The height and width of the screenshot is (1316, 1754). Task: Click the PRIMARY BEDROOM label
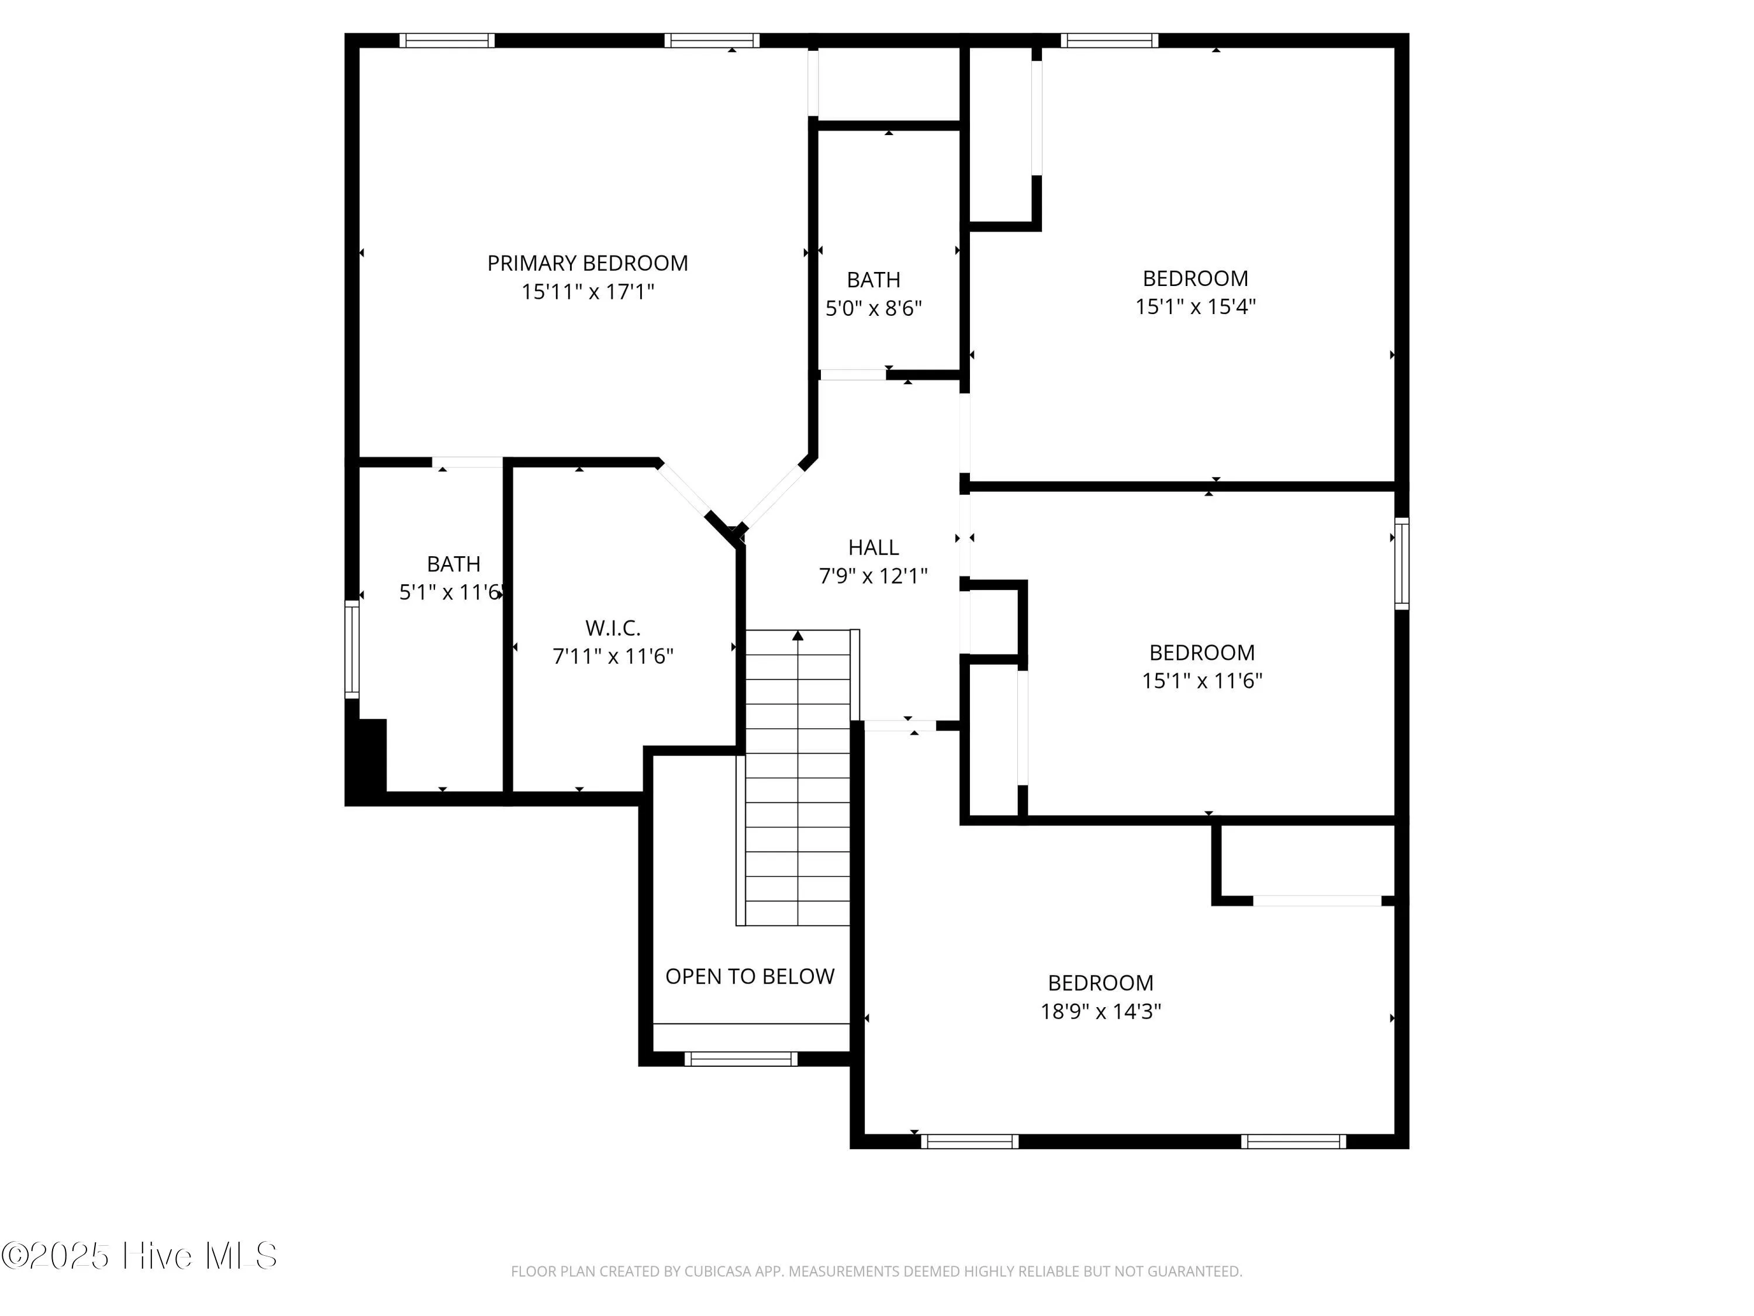pos(587,263)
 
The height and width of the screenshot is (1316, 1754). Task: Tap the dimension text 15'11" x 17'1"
pos(587,292)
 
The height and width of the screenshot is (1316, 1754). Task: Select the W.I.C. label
pos(612,628)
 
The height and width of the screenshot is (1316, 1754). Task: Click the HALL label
pos(873,547)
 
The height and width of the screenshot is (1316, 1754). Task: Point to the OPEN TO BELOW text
pos(750,977)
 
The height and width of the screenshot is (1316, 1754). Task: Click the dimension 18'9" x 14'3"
pos(1100,1011)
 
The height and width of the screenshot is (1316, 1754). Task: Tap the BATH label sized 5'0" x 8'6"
pos(873,280)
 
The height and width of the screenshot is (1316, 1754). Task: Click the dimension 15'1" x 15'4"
pos(1195,307)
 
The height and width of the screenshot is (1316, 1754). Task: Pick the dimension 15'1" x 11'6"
pos(1201,681)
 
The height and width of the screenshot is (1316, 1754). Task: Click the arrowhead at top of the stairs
pos(797,635)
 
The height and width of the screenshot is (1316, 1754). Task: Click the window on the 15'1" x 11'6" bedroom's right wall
pos(1401,563)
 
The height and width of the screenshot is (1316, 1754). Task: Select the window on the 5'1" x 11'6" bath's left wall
pos(351,649)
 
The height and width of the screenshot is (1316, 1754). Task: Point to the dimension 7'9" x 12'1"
pos(873,576)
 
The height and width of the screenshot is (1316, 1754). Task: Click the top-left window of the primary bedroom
pos(447,40)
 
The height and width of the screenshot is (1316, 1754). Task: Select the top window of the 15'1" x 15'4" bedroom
pos(1109,40)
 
